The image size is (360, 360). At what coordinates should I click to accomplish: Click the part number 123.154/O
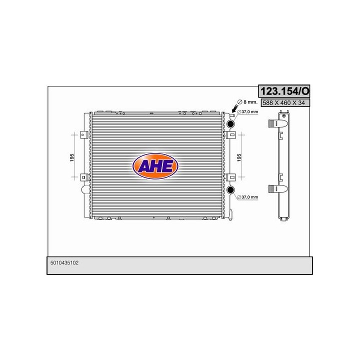point(283,91)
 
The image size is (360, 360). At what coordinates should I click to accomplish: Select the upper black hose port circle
point(231,124)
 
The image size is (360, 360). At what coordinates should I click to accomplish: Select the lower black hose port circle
point(231,189)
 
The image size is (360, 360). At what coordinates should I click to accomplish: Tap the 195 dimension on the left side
point(72,156)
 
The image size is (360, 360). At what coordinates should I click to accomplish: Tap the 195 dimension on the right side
point(239,156)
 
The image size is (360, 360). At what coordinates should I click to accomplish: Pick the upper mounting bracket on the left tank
point(84,134)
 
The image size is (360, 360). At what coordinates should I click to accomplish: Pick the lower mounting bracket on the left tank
point(84,176)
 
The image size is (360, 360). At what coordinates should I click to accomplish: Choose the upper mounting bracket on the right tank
point(231,134)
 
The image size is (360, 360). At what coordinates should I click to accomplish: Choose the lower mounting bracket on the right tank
point(231,176)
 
